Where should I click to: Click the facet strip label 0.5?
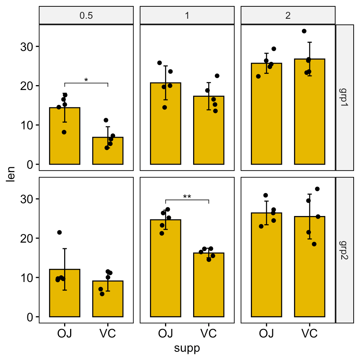[x=86, y=16]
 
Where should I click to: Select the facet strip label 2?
[x=288, y=16]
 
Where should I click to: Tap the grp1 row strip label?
[x=345, y=98]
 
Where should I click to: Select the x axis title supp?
[x=187, y=348]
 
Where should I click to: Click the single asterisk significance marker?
[x=86, y=80]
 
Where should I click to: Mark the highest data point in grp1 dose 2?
[x=304, y=31]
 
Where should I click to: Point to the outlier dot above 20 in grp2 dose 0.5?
[x=59, y=232]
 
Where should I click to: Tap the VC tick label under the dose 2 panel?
[x=309, y=333]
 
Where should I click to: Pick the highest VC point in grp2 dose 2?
[x=317, y=189]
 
